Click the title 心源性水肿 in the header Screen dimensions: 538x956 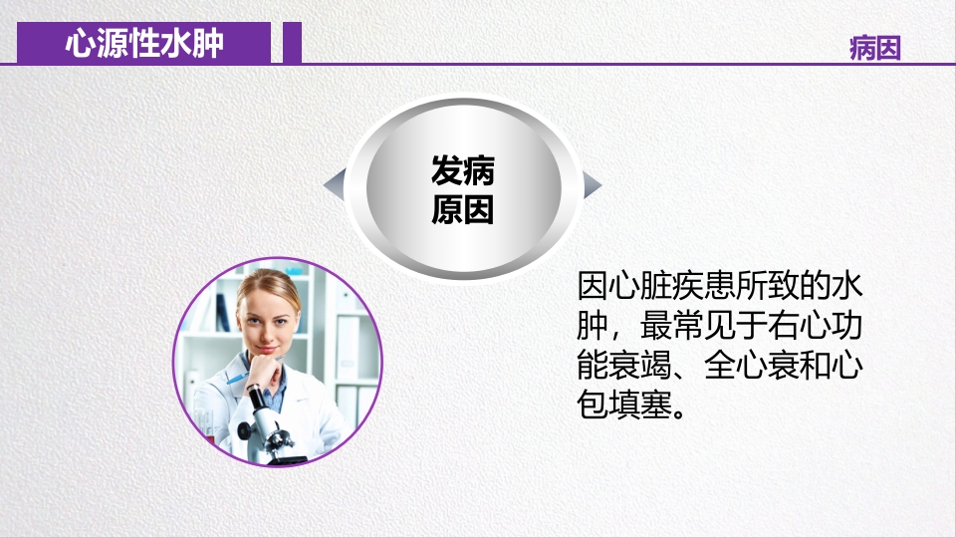(x=144, y=44)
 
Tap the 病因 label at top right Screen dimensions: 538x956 (x=875, y=48)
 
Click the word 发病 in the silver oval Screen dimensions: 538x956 (x=463, y=171)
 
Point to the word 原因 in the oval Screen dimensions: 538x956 (x=463, y=210)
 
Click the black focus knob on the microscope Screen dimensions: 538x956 (x=245, y=430)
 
